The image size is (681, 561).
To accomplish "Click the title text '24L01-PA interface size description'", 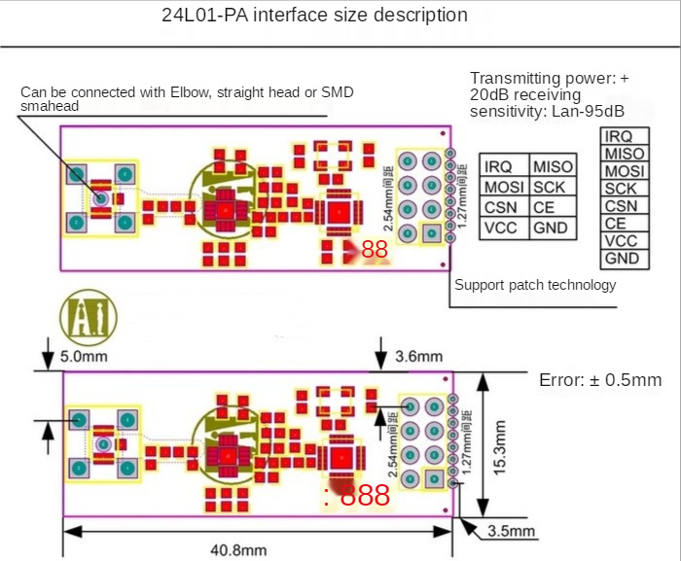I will tap(313, 16).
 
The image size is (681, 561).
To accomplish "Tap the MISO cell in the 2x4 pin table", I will tap(554, 166).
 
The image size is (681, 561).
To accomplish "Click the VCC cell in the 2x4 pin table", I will tap(501, 228).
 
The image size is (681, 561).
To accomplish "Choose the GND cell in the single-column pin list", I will tap(622, 259).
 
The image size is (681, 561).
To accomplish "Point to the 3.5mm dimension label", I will tap(510, 531).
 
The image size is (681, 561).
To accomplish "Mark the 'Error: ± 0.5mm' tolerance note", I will tap(600, 379).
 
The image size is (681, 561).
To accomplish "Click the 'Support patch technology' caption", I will tap(535, 285).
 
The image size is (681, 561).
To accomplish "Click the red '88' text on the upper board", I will tap(375, 250).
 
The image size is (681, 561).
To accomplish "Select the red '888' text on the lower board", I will tap(365, 496).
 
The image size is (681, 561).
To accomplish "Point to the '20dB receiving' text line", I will tap(524, 94).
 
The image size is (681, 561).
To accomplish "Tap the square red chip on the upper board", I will tap(338, 210).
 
